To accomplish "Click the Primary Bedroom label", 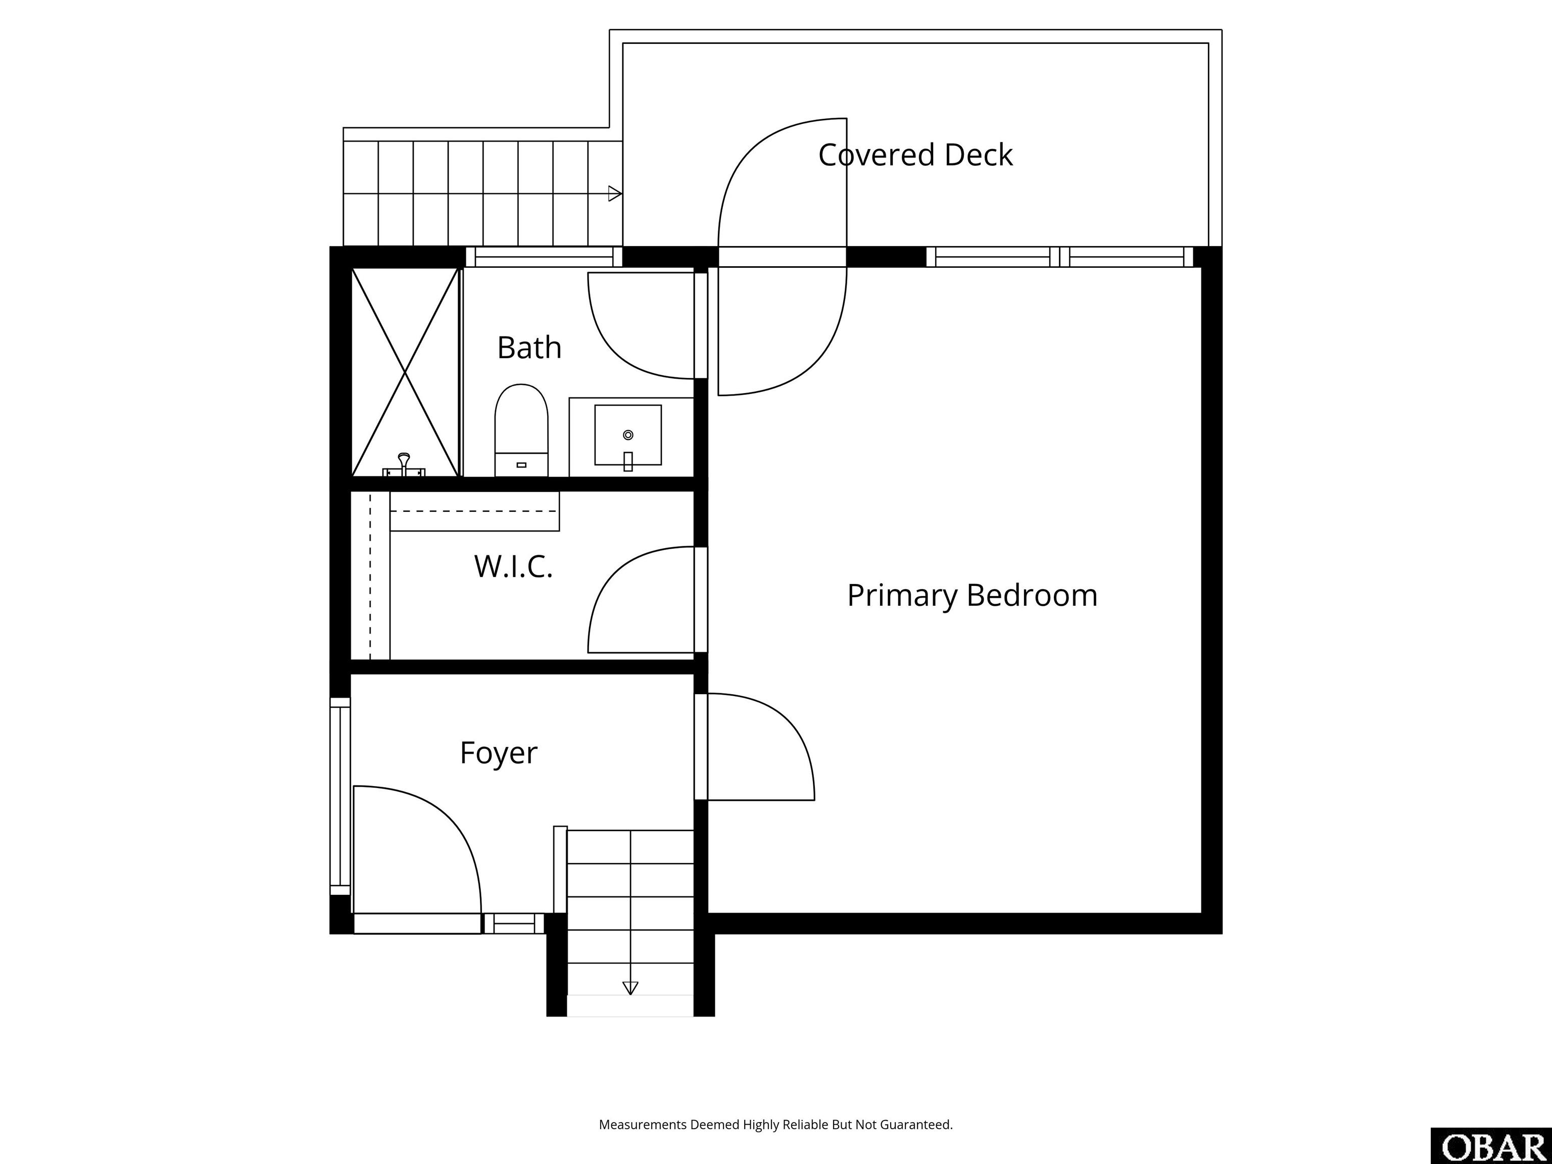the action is click(972, 596).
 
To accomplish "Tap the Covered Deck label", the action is click(915, 155).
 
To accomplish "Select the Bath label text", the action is click(529, 347).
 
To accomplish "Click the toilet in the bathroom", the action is click(521, 430).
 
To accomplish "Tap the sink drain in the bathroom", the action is click(628, 435).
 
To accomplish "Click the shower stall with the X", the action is click(405, 372).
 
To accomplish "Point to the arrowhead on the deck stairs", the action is click(615, 193).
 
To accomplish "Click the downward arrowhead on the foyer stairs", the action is click(630, 988).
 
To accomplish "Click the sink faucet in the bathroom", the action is click(628, 461).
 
